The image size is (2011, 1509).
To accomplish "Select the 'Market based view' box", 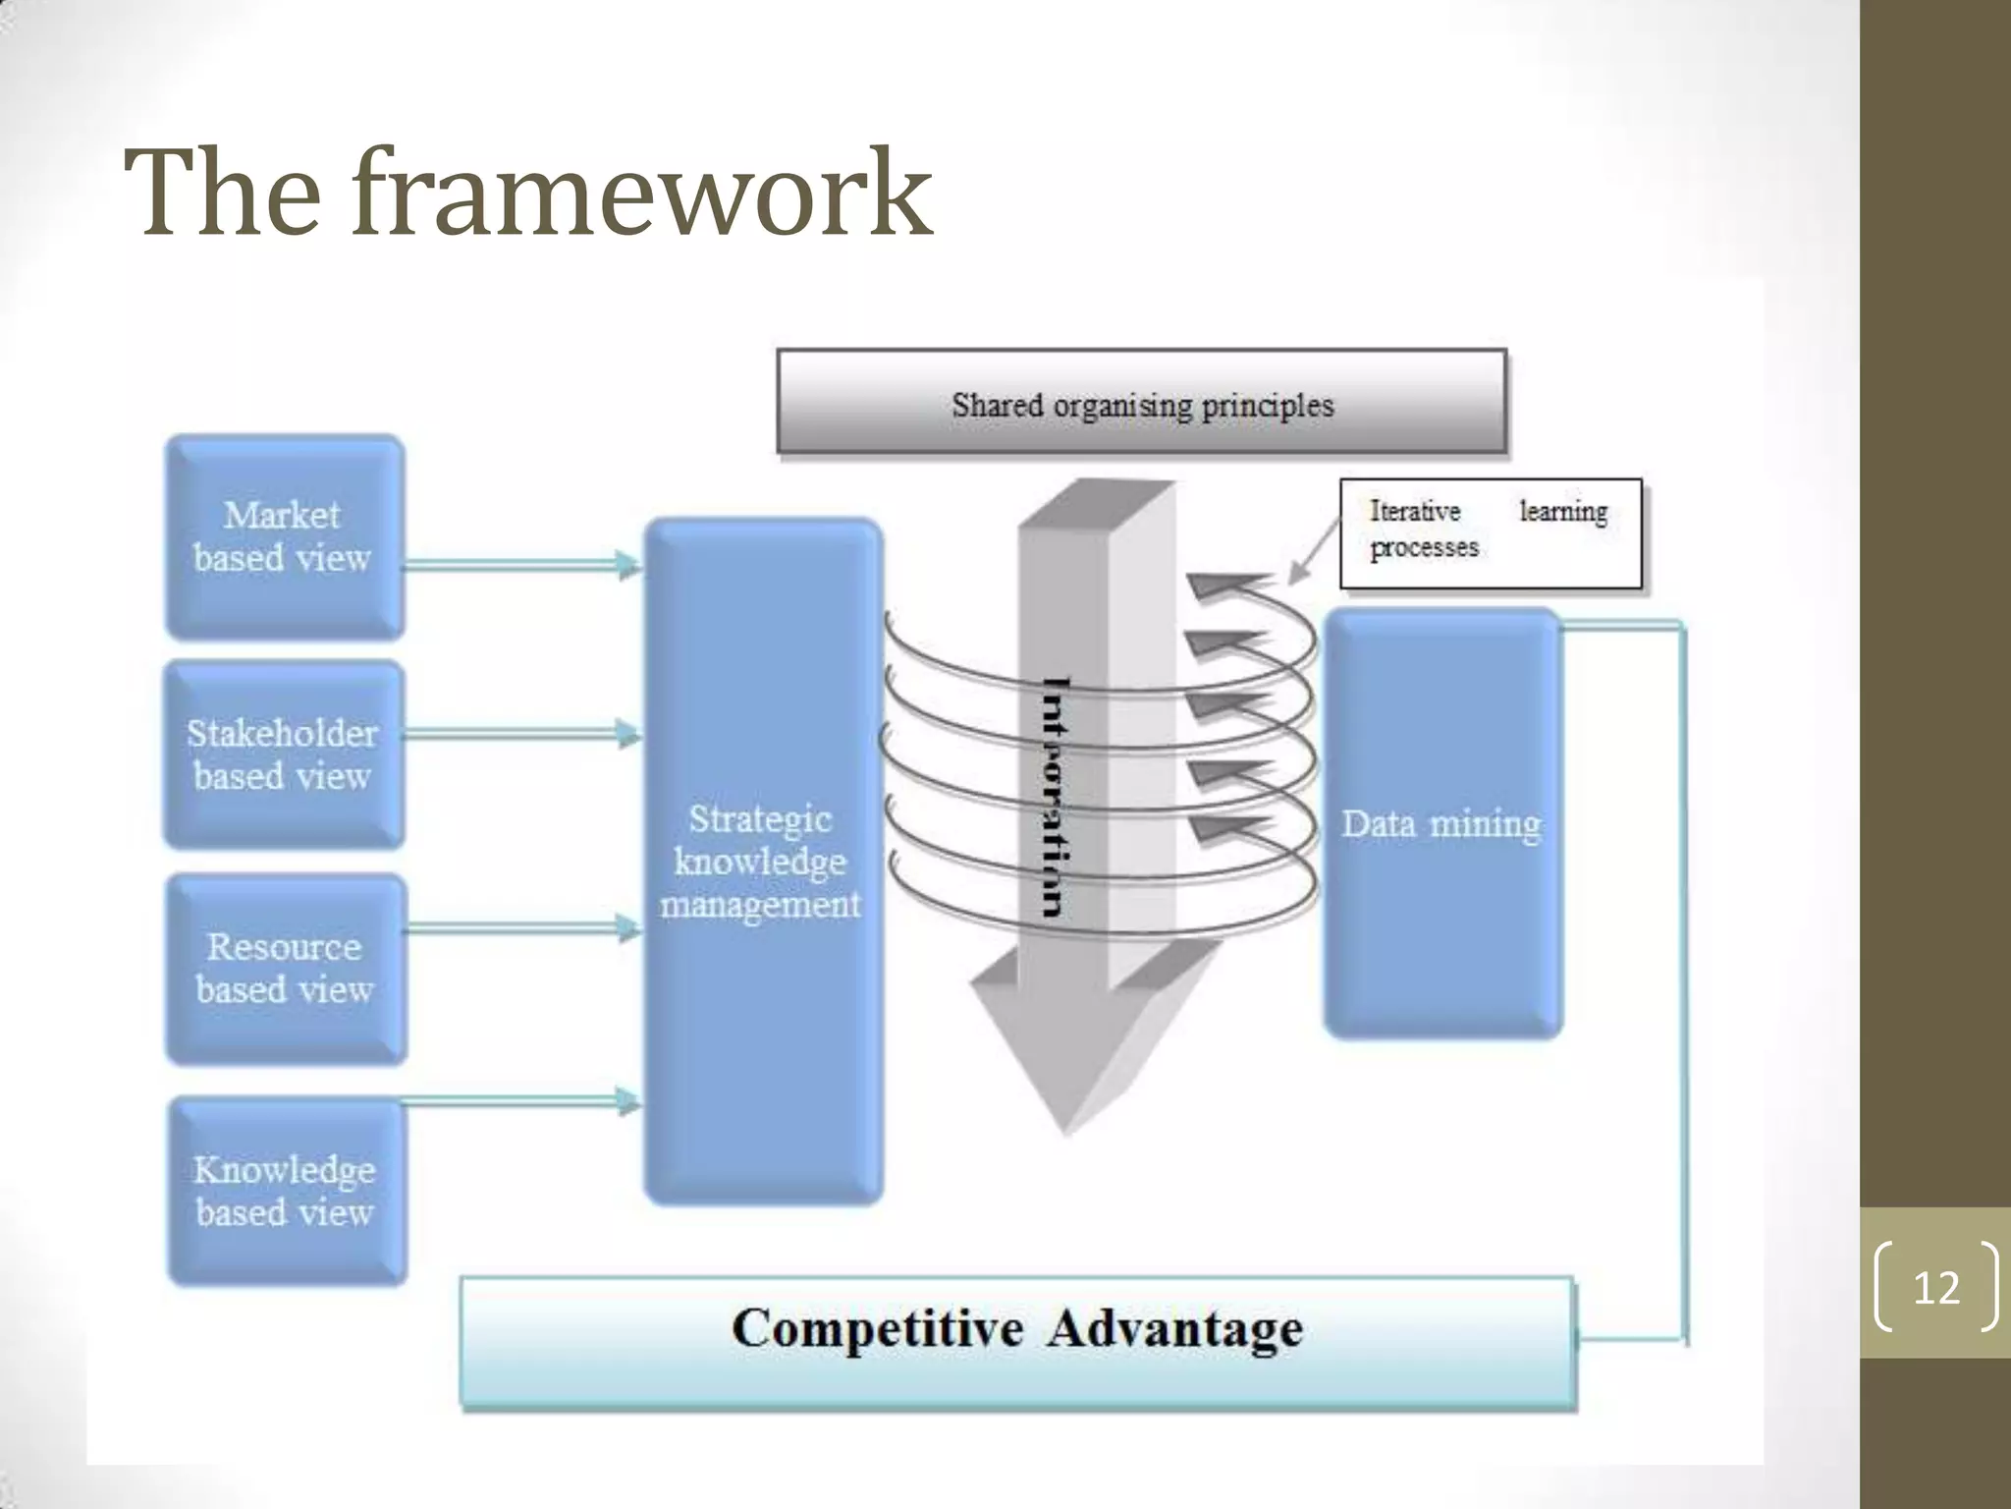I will click(x=284, y=537).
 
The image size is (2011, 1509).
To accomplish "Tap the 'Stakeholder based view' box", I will click(x=284, y=754).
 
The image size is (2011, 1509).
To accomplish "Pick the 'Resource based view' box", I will click(x=286, y=969).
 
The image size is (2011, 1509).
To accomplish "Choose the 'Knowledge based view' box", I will click(x=286, y=1191).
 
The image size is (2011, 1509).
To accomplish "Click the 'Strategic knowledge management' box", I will click(x=763, y=862).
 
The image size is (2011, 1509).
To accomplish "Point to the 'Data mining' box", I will click(x=1441, y=823).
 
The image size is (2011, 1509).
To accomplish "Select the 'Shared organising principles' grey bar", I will click(x=1141, y=402).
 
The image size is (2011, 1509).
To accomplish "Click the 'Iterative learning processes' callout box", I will click(x=1490, y=532).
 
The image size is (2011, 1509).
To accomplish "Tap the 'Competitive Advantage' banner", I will click(x=1017, y=1343).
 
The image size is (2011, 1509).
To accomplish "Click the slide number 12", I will click(x=1935, y=1287).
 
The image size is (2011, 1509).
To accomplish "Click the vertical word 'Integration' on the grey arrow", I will click(x=1056, y=796).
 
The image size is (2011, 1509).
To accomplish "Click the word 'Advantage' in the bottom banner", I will click(x=1174, y=1329).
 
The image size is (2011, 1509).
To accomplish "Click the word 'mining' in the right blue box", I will click(x=1485, y=823).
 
